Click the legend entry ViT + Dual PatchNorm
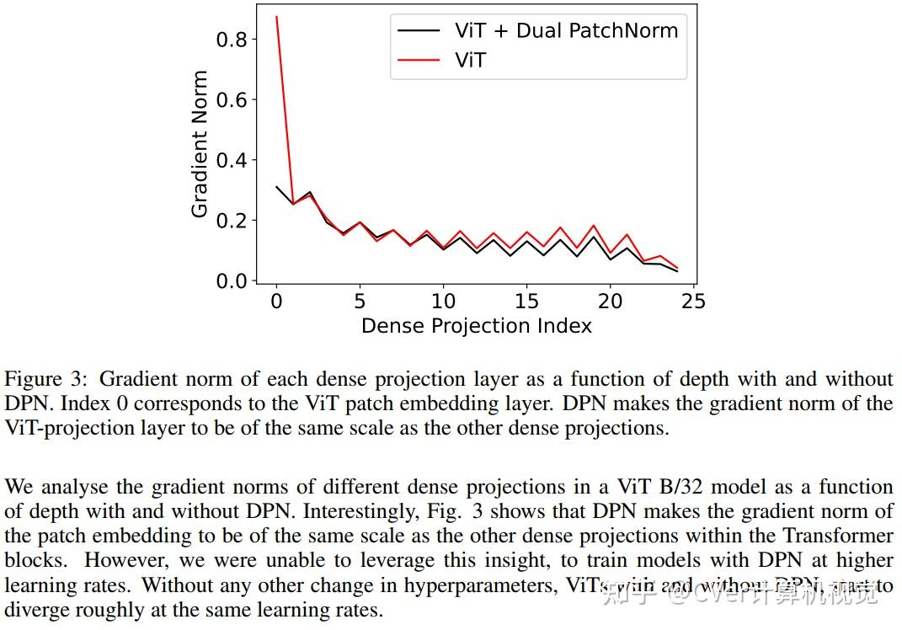pyautogui.click(x=565, y=31)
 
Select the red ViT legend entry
pyautogui.click(x=470, y=60)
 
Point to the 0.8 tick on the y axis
pyautogui.click(x=232, y=40)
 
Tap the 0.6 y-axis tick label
pyautogui.click(x=232, y=100)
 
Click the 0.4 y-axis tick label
pyautogui.click(x=232, y=160)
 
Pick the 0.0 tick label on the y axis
pyautogui.click(x=232, y=281)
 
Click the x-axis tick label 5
pyautogui.click(x=360, y=302)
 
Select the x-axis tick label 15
pyautogui.click(x=526, y=302)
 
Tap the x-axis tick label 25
pyautogui.click(x=693, y=302)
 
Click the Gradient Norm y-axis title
pyautogui.click(x=200, y=144)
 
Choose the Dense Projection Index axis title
pyautogui.click(x=476, y=326)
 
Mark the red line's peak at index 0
pyautogui.click(x=276, y=17)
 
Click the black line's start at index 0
pyautogui.click(x=276, y=186)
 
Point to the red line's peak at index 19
pyautogui.click(x=593, y=226)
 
